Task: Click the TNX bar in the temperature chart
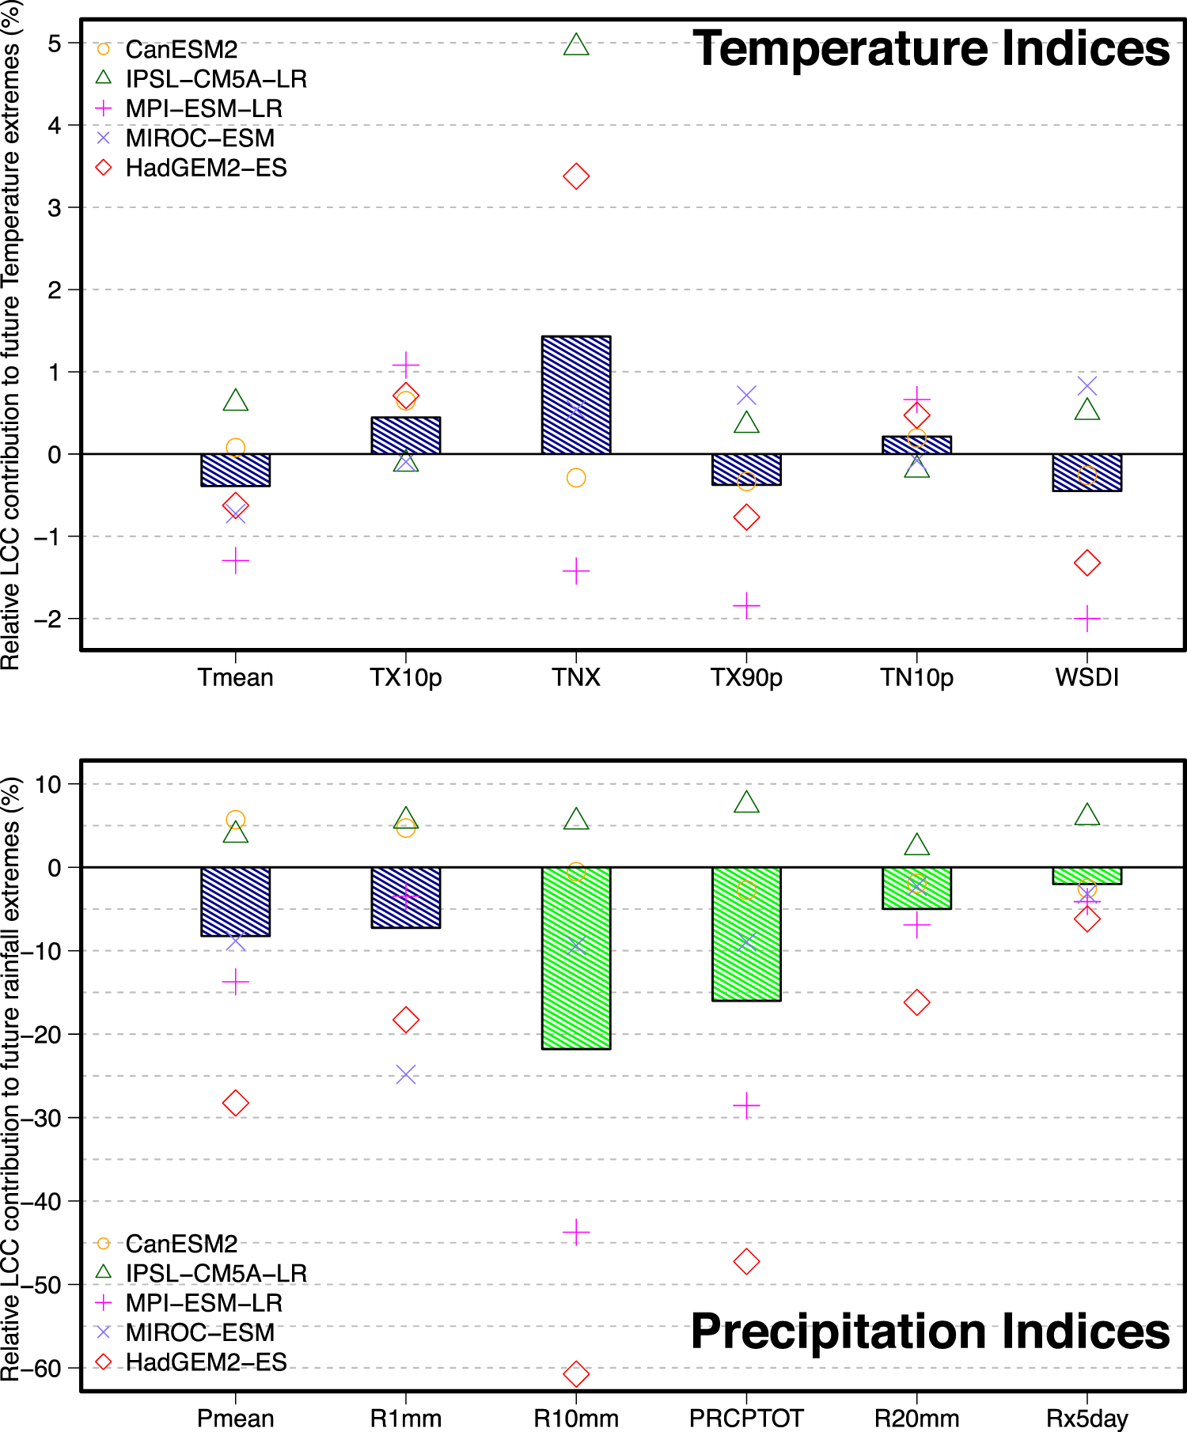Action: pos(576,395)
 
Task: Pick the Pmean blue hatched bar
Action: pos(236,901)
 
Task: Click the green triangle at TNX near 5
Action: pos(576,45)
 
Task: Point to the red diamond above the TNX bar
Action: pos(576,176)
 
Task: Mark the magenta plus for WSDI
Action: pos(1087,618)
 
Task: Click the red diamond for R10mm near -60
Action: pos(576,1373)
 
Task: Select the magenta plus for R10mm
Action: pos(576,1232)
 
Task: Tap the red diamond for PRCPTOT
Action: pos(746,1261)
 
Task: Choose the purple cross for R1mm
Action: pos(406,1074)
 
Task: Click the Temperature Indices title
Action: pos(931,49)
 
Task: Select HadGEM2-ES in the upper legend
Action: pos(206,168)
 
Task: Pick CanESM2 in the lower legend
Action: pos(181,1244)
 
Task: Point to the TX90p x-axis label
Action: pos(746,678)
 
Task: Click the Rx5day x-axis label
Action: pos(1087,1419)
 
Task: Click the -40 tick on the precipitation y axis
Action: pos(44,1201)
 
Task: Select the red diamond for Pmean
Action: pos(236,1103)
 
